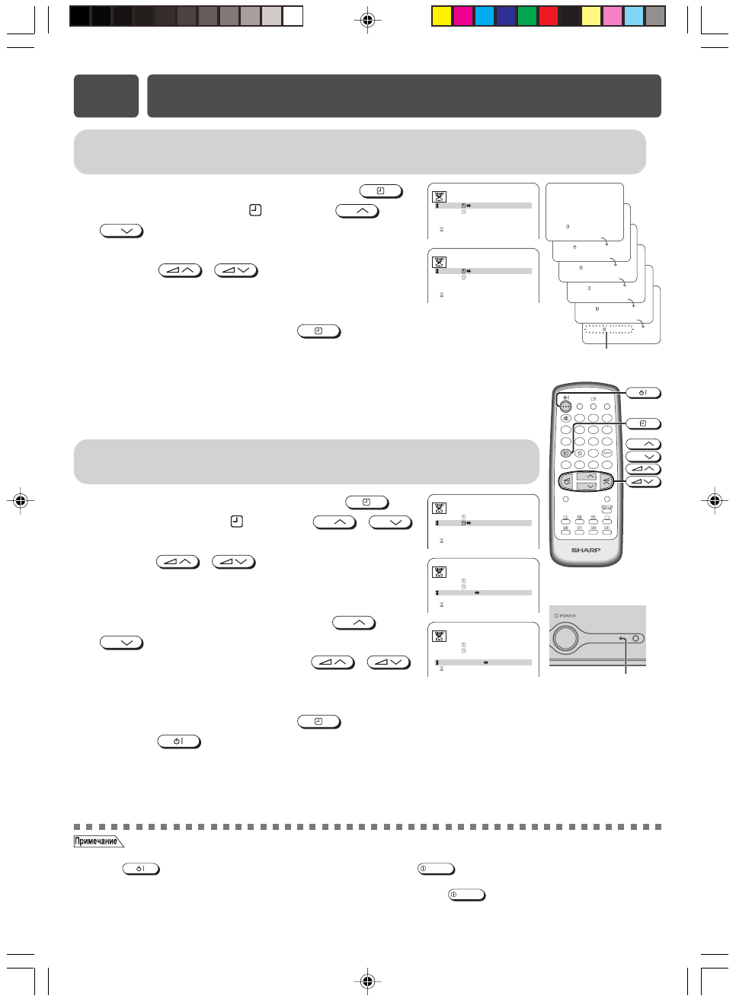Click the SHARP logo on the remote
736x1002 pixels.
click(586, 550)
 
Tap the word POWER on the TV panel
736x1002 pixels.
click(568, 616)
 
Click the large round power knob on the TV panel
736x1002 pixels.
click(566, 637)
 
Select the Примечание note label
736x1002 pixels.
click(97, 841)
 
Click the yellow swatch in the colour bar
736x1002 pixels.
click(442, 16)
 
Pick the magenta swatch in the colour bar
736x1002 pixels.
click(463, 16)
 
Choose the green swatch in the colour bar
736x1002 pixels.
click(527, 16)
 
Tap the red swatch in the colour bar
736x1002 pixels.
click(549, 16)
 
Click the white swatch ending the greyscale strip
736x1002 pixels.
click(293, 16)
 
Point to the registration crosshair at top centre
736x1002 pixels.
click(367, 20)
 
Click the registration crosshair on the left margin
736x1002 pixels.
click(21, 500)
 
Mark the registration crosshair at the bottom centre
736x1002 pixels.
click(367, 981)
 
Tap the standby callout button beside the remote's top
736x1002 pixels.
click(643, 393)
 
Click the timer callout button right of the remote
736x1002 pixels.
click(643, 423)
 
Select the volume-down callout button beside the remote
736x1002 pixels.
click(643, 481)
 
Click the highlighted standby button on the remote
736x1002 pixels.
click(565, 407)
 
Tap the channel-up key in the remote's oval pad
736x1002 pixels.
click(587, 477)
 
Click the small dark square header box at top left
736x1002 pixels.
click(106, 96)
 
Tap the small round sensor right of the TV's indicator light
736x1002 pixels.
click(636, 638)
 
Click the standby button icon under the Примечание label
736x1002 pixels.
click(141, 869)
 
